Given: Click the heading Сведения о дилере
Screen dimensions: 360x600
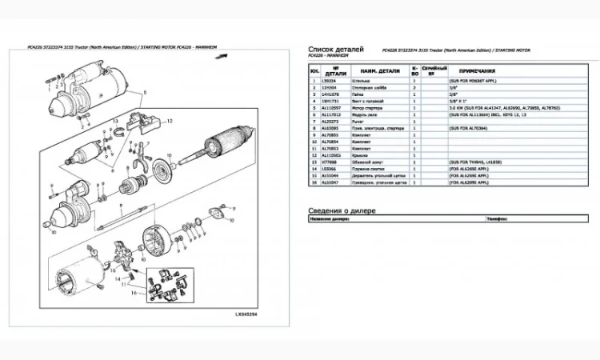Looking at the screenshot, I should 342,210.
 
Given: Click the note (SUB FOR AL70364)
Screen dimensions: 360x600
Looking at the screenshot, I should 469,127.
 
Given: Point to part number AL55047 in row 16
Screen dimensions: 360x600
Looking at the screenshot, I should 330,182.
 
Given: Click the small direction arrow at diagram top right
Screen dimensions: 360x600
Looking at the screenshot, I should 228,56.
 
